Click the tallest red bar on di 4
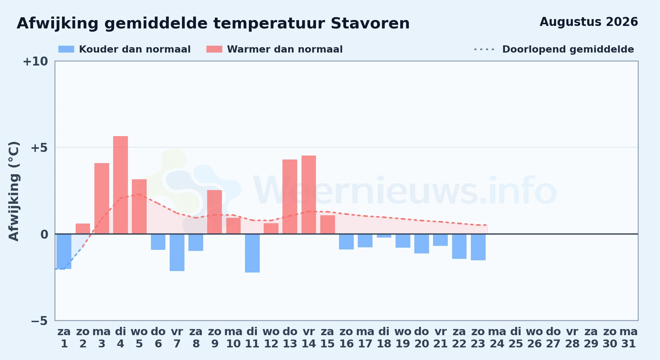120,185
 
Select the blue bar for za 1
64,251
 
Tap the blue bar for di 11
252,253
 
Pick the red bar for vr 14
309,194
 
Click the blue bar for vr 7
177,252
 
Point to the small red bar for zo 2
83,229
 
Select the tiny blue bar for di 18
384,236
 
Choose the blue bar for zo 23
478,247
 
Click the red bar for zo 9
215,212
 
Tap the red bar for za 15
327,224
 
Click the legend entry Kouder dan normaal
124,49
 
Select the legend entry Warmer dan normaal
275,49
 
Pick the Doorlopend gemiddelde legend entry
554,49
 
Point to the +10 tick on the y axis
35,62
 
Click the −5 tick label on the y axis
39,321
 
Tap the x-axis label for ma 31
629,338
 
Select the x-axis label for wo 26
534,338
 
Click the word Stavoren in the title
370,23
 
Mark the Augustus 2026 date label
589,22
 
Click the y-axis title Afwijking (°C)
14,191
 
